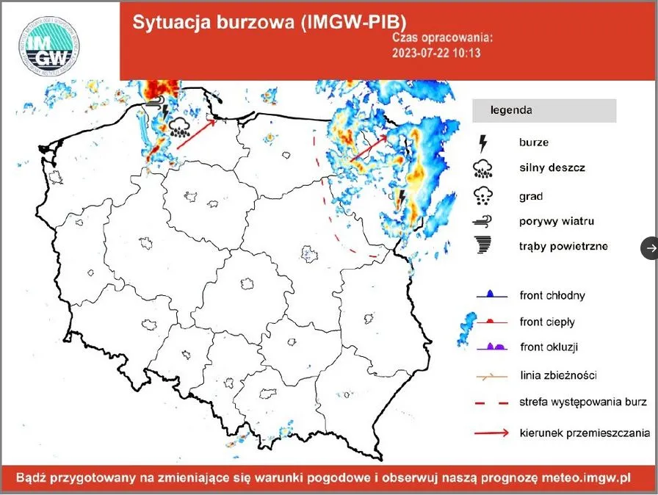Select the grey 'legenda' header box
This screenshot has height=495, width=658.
(543, 110)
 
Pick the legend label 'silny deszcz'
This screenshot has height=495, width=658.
(552, 167)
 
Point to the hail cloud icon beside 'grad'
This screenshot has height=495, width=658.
(482, 195)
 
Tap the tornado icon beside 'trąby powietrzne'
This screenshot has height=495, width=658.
(482, 246)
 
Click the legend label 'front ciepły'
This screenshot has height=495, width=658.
(547, 322)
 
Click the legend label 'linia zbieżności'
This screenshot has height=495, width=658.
(558, 375)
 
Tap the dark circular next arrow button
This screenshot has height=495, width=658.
(651, 248)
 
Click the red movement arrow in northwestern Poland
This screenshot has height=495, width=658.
(197, 134)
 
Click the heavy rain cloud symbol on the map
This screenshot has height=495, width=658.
(181, 129)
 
